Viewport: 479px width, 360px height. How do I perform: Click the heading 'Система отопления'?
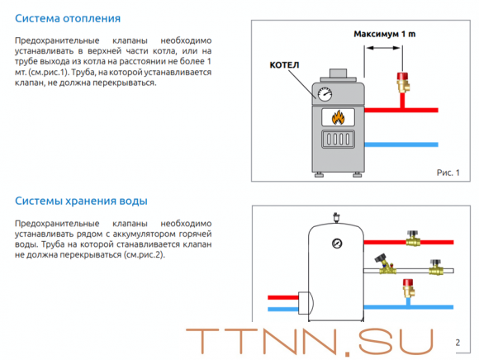pyautogui.click(x=68, y=18)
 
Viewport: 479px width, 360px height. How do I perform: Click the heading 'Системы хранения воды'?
pyautogui.click(x=81, y=201)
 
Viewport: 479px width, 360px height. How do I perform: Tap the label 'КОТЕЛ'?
pyautogui.click(x=284, y=65)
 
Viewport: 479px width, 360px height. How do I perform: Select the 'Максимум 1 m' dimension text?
pyautogui.click(x=385, y=34)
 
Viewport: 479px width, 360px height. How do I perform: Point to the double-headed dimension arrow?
pyautogui.click(x=383, y=48)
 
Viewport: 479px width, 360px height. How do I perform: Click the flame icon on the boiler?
pyautogui.click(x=338, y=117)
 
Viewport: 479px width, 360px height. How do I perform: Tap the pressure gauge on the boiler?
pyautogui.click(x=325, y=94)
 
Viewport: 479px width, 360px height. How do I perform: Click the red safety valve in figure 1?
pyautogui.click(x=403, y=83)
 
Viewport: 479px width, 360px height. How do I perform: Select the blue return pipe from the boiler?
pyautogui.click(x=401, y=144)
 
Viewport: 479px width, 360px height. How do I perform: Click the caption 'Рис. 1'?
pyautogui.click(x=448, y=173)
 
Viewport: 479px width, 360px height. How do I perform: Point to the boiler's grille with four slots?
pyautogui.click(x=338, y=140)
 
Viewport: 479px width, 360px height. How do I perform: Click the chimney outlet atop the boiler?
pyautogui.click(x=338, y=73)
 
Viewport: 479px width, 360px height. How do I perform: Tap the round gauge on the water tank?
pyautogui.click(x=337, y=244)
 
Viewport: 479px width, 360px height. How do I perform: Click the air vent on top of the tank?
pyautogui.click(x=336, y=217)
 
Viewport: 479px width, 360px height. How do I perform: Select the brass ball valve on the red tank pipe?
pyautogui.click(x=413, y=239)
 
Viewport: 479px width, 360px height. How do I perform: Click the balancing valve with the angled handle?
pyautogui.click(x=385, y=264)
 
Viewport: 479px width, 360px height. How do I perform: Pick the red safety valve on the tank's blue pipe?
pyautogui.click(x=409, y=288)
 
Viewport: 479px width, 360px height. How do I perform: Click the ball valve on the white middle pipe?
pyautogui.click(x=436, y=268)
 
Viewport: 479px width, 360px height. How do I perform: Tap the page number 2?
pyautogui.click(x=458, y=343)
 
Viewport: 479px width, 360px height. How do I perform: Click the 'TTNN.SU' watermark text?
pyautogui.click(x=310, y=342)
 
